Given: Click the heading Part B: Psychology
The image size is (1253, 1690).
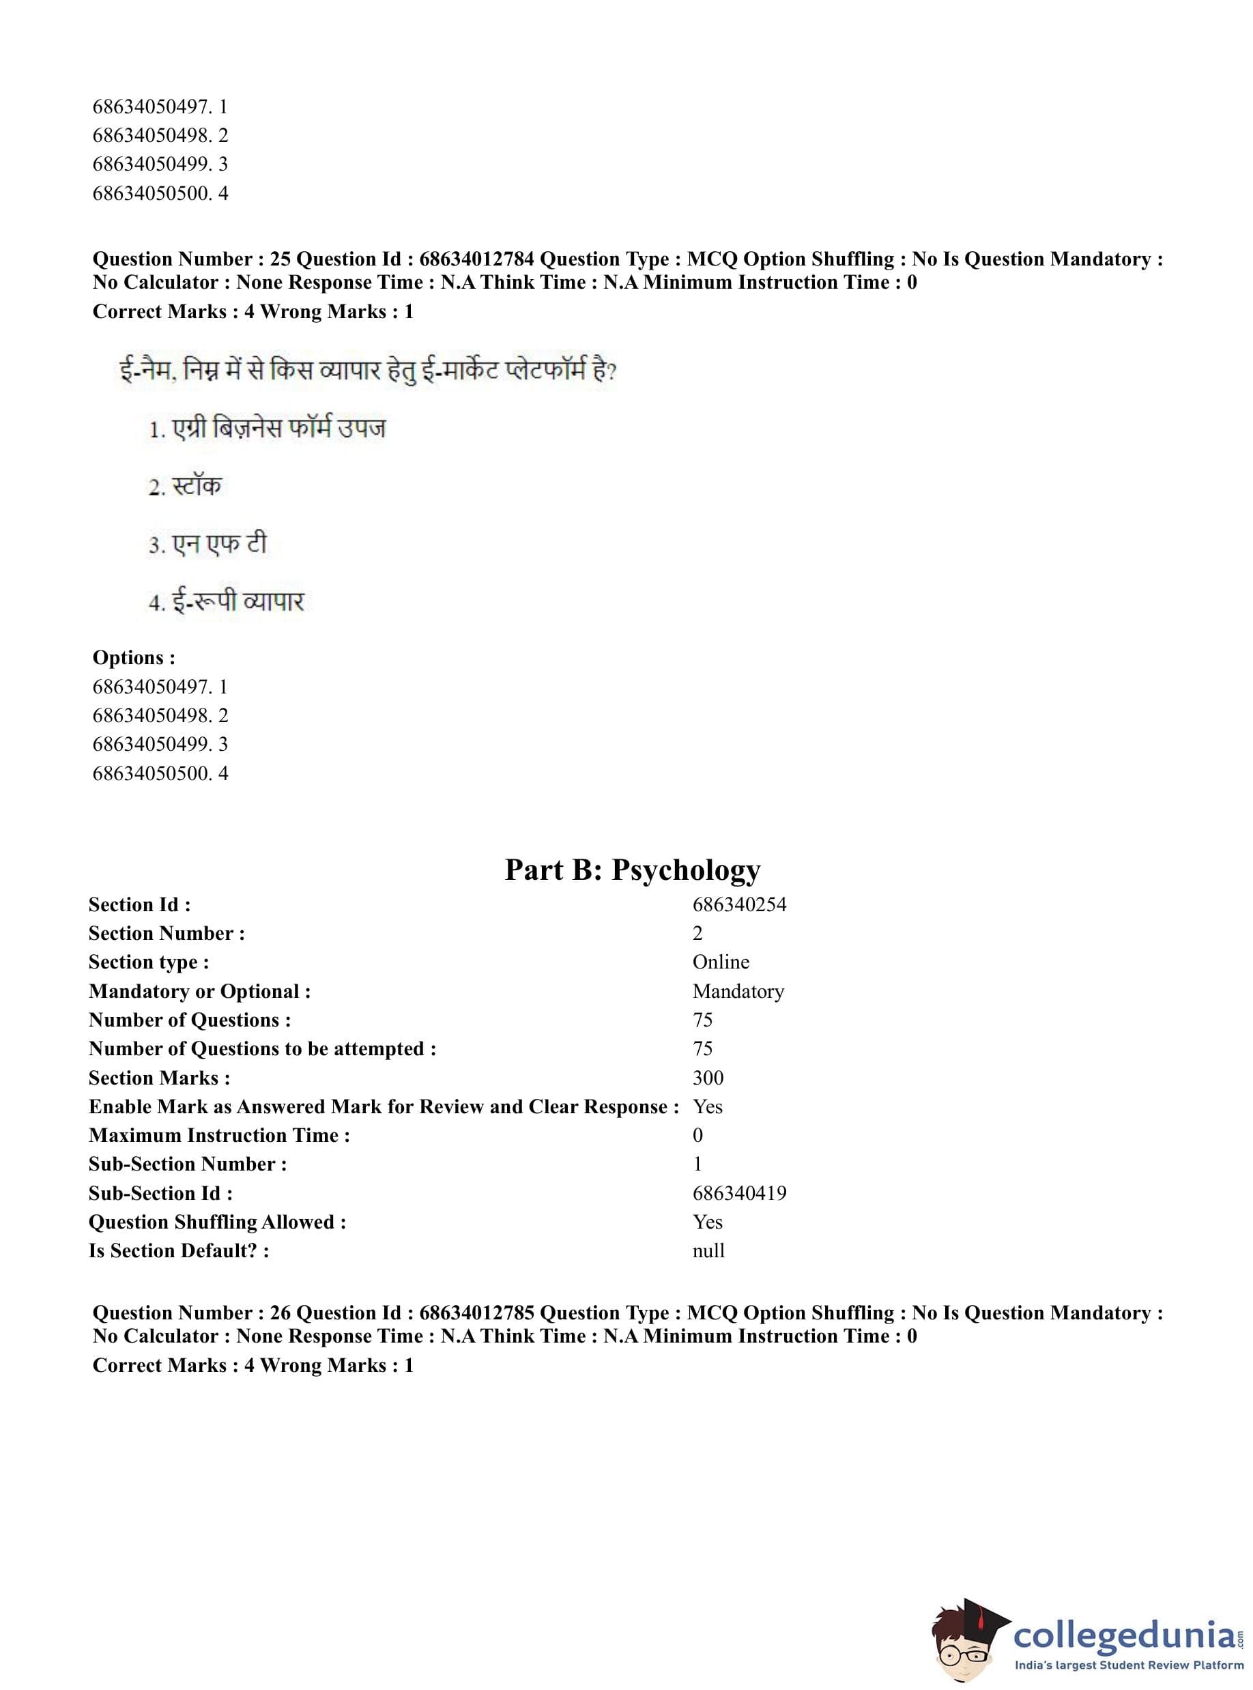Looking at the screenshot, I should (633, 870).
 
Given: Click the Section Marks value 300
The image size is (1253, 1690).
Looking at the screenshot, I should (708, 1078).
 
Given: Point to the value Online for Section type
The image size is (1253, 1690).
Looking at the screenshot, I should (721, 962).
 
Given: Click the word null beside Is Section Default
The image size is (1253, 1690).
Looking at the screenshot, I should (708, 1251).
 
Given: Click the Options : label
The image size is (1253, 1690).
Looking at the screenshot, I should (134, 658).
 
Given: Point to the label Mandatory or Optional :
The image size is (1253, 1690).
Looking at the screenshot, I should (199, 991).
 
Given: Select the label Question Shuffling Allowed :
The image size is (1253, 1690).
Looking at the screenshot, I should (217, 1222).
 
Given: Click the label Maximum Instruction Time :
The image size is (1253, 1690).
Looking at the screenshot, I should (219, 1136).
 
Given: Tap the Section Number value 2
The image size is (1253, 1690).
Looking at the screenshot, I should (697, 933).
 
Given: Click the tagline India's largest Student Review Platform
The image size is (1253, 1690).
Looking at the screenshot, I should (1129, 1665).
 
